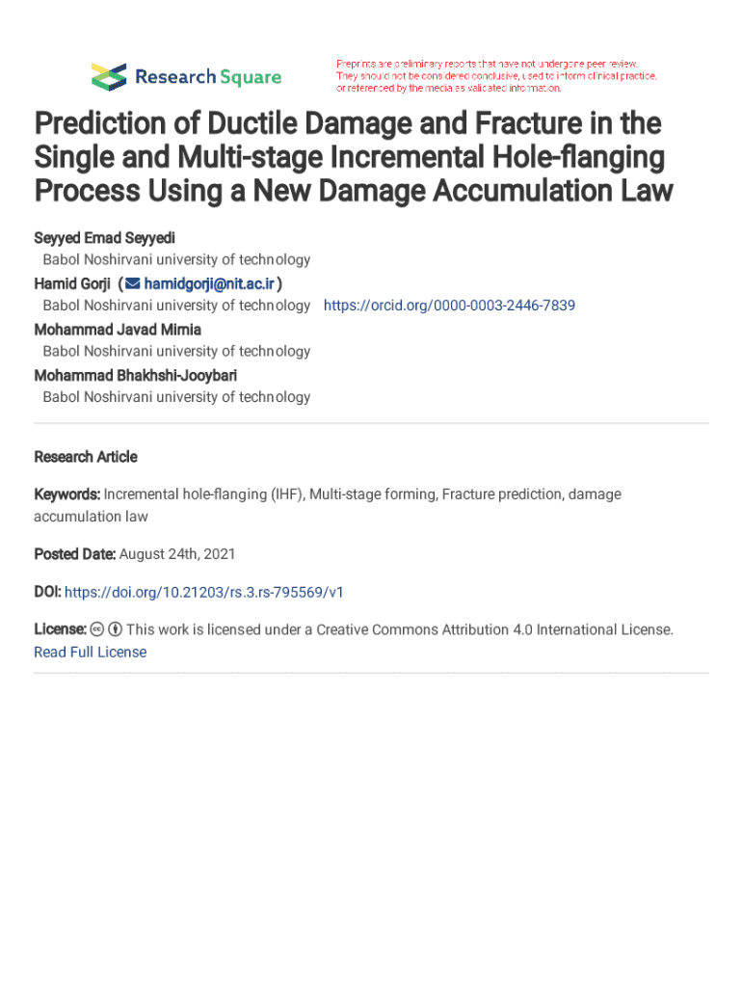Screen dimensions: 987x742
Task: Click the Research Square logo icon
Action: pos(109,76)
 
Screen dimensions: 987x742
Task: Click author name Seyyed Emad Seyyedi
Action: pos(104,237)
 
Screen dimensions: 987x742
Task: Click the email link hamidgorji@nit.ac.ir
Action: pos(210,283)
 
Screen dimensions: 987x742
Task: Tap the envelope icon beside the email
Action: pos(133,283)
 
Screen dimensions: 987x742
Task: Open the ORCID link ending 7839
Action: pos(449,306)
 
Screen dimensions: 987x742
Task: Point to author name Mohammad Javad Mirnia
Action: pos(118,329)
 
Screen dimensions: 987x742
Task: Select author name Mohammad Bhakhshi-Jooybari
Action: pos(135,374)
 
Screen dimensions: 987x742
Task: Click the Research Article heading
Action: pos(86,457)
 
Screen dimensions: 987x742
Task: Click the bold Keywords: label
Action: pos(67,494)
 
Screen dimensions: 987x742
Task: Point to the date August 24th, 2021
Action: pos(177,554)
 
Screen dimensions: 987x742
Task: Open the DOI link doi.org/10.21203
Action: pos(203,592)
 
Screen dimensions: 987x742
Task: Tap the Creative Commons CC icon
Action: pos(97,629)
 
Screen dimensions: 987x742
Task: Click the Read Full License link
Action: pos(91,653)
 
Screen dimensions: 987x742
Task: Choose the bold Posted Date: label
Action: pos(75,554)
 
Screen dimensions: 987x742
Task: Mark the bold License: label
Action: pos(61,629)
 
